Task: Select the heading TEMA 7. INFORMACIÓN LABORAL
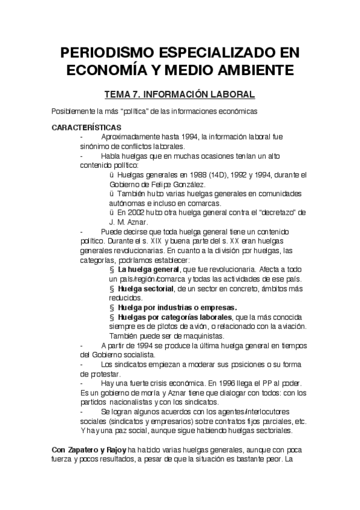(180, 94)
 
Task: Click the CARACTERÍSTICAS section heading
(87, 127)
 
